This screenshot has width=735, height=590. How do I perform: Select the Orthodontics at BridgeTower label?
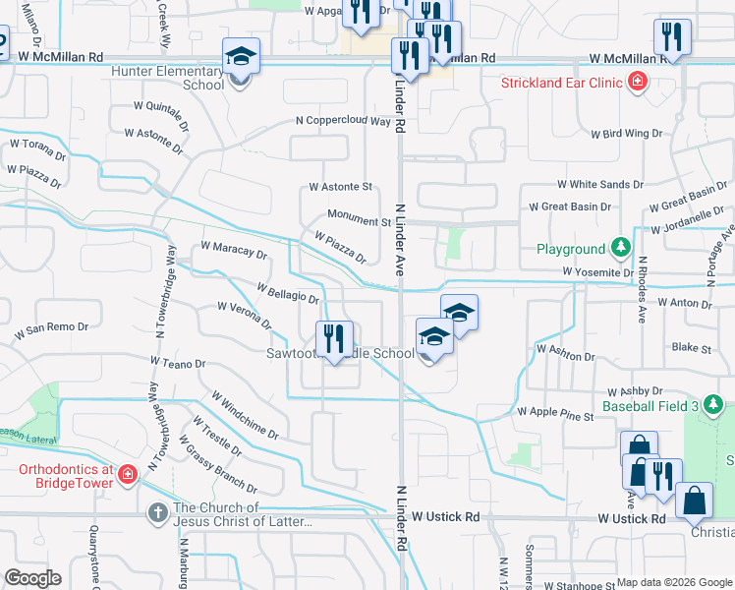coord(66,476)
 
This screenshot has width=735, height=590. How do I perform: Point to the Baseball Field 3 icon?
coord(713,404)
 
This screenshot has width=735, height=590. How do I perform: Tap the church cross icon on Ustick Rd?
coord(158,512)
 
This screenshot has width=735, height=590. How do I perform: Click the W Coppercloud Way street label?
coord(343,121)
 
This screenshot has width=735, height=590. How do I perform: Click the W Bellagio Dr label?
coord(288,292)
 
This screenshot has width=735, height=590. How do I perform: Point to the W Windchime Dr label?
coord(245,415)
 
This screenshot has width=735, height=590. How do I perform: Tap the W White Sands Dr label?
coord(599,184)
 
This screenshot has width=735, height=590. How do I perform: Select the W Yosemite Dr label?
coord(597,271)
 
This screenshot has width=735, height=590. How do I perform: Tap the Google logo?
coord(32,578)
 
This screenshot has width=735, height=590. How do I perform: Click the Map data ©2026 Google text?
coord(672,582)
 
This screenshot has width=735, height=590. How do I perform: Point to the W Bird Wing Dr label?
coord(626,133)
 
